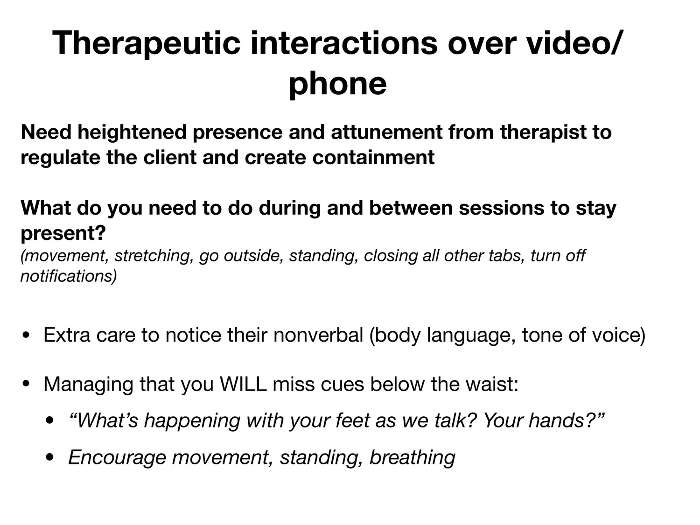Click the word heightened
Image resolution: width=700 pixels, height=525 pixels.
click(x=132, y=132)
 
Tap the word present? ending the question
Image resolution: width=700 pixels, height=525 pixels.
click(x=63, y=233)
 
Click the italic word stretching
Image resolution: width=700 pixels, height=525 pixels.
click(x=154, y=256)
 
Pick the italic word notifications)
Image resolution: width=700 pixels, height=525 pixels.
click(x=69, y=276)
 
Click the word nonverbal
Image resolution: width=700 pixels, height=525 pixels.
click(x=318, y=335)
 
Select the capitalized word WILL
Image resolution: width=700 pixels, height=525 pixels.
click(x=243, y=384)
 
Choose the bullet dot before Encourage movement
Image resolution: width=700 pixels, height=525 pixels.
click(x=50, y=457)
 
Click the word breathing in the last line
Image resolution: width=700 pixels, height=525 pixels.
click(x=412, y=457)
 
